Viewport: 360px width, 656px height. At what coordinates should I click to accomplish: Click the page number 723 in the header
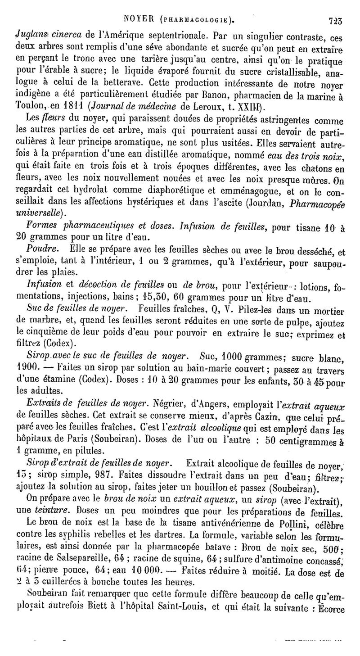point(335,19)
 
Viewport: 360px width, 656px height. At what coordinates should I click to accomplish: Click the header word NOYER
point(140,19)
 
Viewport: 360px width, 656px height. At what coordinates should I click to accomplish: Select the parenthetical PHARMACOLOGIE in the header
point(198,20)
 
